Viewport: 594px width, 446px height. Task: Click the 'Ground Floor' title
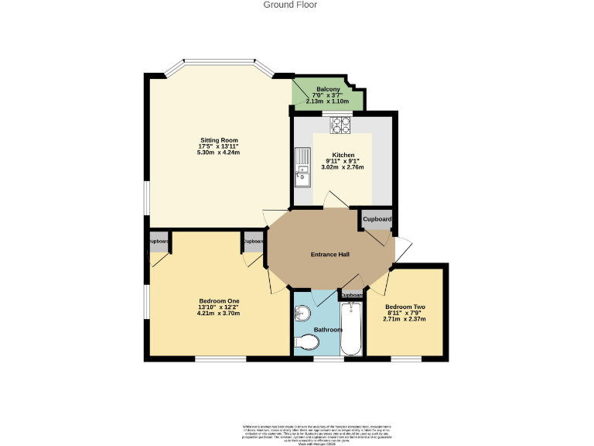click(290, 5)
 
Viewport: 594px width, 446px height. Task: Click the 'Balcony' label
click(328, 90)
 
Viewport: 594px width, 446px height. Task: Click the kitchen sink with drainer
click(302, 173)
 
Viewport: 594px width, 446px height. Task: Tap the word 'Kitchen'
click(343, 154)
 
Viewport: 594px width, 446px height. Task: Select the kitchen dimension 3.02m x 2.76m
click(342, 166)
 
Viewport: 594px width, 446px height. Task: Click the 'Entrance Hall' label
click(330, 255)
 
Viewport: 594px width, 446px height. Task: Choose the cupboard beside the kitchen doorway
click(377, 220)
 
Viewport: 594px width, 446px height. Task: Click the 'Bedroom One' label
click(219, 301)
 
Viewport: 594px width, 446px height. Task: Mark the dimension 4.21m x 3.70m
click(219, 314)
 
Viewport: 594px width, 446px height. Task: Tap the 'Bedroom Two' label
click(405, 307)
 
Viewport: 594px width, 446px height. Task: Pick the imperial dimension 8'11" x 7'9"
click(405, 313)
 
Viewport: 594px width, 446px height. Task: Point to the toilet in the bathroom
click(307, 342)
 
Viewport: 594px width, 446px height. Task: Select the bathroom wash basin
click(302, 314)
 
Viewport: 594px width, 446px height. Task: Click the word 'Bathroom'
click(328, 330)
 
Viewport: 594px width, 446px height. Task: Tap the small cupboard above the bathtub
click(353, 295)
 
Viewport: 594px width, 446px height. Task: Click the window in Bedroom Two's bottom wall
click(405, 359)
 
